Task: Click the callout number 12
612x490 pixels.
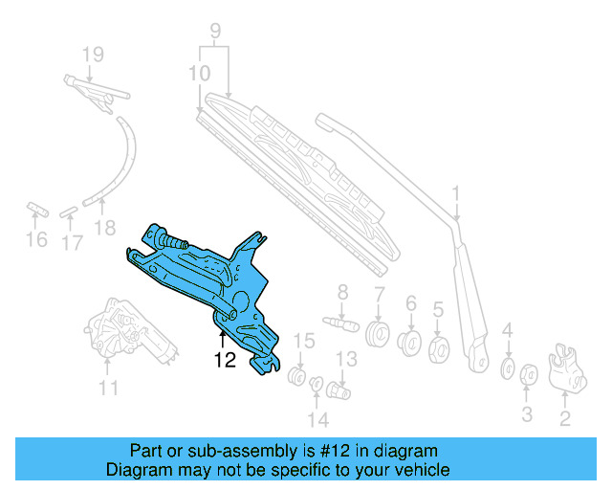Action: pos(225,361)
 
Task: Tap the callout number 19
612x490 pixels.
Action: pos(92,54)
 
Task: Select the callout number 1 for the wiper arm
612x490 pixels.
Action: pos(456,195)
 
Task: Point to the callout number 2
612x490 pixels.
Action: pos(564,417)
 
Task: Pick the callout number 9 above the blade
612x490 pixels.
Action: pos(216,30)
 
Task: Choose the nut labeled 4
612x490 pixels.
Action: pos(508,368)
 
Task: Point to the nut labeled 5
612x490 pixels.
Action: pos(441,348)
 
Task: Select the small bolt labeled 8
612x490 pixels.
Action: pos(341,323)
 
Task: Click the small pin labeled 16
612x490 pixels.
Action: pos(36,208)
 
